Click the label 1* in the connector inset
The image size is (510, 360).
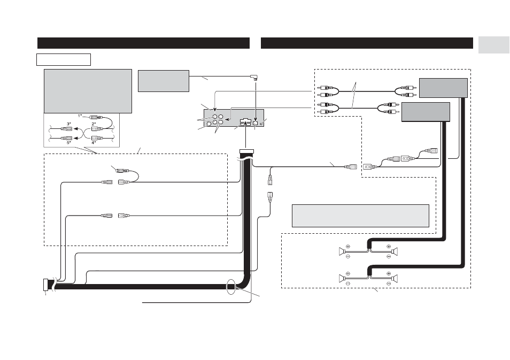80,116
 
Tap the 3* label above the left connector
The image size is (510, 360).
68,124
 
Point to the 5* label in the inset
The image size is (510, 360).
68,143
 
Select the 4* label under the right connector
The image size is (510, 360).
94,143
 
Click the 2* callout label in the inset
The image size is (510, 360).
94,124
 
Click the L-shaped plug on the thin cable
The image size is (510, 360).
255,78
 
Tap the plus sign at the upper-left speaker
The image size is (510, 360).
347,247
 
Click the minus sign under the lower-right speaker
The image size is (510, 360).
388,284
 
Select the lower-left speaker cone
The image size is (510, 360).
341,278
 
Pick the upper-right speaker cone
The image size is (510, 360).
395,251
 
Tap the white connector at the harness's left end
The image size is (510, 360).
45,285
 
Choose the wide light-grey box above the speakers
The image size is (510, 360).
360,216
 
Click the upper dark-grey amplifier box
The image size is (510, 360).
443,88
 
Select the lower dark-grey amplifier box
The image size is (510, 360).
426,112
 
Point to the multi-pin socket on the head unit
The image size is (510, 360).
244,122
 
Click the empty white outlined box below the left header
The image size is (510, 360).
64,59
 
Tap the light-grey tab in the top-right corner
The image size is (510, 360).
494,45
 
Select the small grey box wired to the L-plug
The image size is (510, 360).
164,81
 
